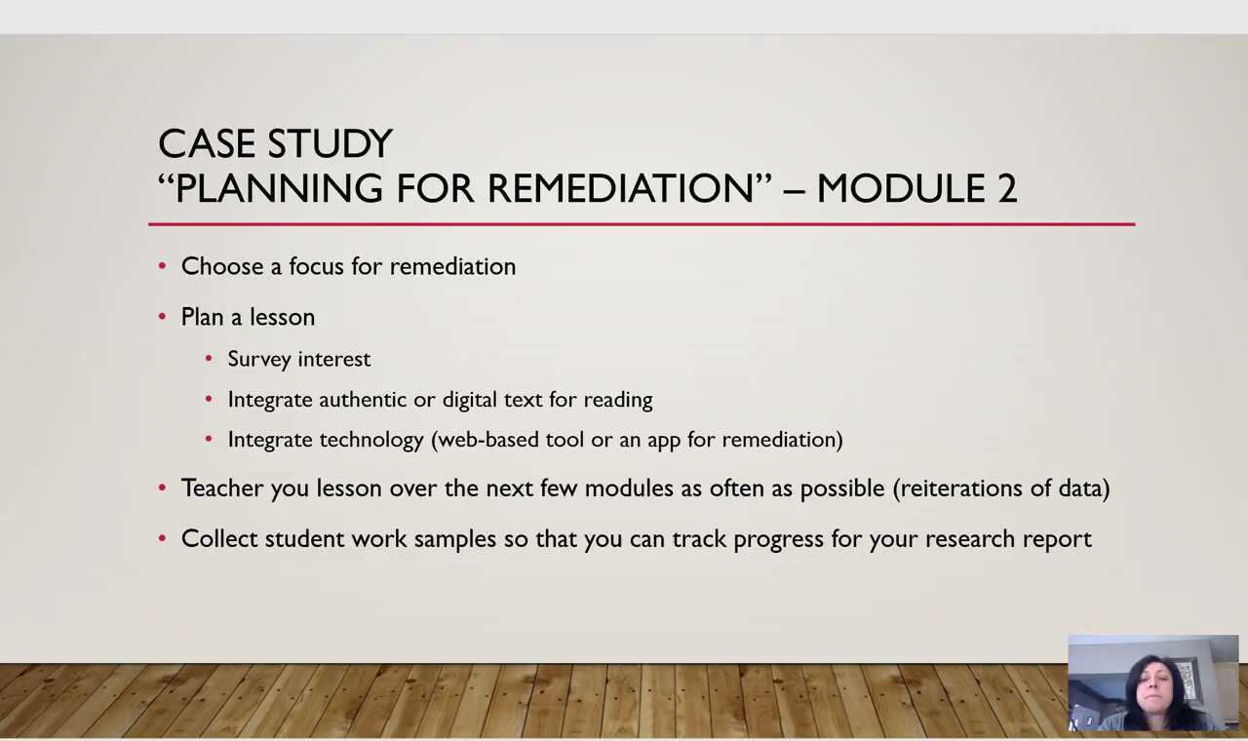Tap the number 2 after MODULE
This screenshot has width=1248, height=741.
tap(1007, 188)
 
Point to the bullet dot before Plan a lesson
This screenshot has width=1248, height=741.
tap(163, 317)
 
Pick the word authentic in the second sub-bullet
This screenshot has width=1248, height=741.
tap(362, 400)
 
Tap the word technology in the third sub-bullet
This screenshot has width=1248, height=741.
tap(371, 440)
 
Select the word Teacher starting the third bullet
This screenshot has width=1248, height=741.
tap(222, 488)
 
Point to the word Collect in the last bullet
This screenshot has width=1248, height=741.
tap(219, 539)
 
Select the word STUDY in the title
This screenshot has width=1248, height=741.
tap(330, 144)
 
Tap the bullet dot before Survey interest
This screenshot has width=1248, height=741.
tap(210, 360)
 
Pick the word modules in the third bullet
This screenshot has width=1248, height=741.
tap(629, 488)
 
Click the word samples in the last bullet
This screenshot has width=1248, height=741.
tap(454, 540)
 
